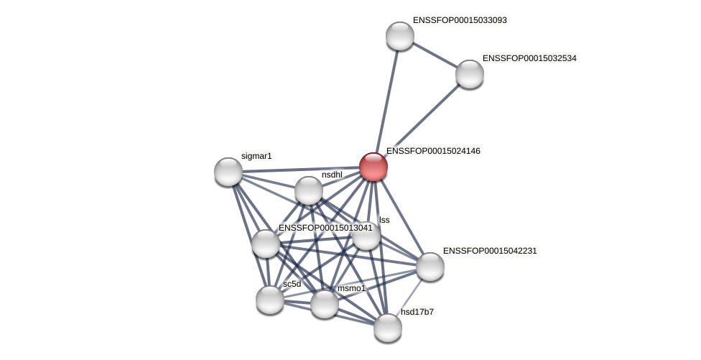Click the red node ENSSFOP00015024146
point(373,167)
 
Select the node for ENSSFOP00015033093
point(400,36)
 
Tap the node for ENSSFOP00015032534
point(470,74)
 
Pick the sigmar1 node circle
point(228,172)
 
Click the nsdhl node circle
point(309,190)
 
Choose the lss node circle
point(366,236)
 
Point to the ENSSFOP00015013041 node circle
point(266,244)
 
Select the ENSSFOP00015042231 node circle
point(430,267)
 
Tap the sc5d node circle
point(270,300)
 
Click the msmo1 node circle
point(325,304)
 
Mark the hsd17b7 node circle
point(388,328)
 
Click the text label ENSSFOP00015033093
point(460,20)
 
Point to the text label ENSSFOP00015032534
point(529,58)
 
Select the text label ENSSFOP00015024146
point(433,151)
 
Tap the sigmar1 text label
point(256,156)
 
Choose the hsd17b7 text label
point(417,312)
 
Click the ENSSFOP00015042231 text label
point(490,251)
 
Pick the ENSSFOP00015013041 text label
point(325,228)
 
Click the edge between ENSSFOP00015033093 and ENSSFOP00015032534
point(435,55)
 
